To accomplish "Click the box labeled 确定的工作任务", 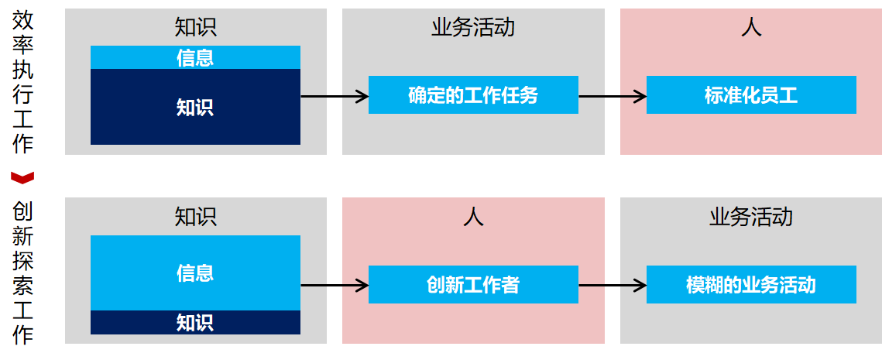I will coord(473,95).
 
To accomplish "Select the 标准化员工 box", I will coord(751,95).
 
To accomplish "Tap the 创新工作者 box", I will coord(473,285).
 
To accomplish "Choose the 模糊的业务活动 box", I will coord(751,285).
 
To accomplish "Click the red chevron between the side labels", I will coord(23,177).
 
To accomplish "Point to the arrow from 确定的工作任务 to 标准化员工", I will coord(613,96).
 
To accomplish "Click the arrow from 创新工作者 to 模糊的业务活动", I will coord(613,285).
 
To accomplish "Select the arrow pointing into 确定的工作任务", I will coord(334,96).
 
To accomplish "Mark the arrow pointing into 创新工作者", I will coord(334,285).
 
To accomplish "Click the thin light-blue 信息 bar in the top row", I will coord(195,57).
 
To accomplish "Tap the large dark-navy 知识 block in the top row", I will coord(195,107).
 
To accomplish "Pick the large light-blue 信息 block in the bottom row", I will coord(195,273).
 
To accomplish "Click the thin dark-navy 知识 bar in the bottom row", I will coord(195,322).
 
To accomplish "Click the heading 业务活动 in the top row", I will coord(473,28).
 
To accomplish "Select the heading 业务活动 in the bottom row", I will coord(751,216).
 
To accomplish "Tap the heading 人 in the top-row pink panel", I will coord(751,28).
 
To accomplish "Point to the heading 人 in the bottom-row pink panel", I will coord(473,216).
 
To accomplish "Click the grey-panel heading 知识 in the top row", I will coord(195,28).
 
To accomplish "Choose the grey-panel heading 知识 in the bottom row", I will coord(195,216).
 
